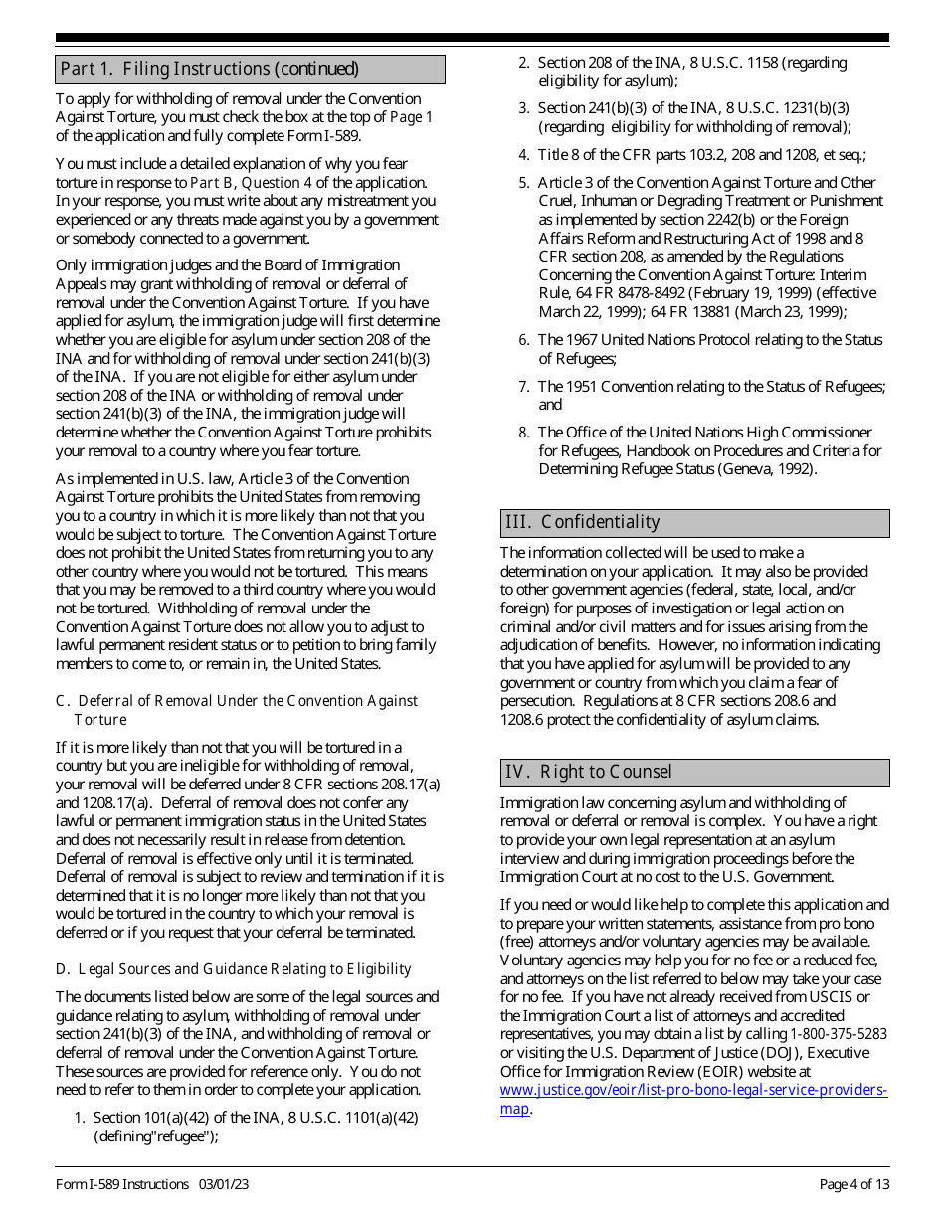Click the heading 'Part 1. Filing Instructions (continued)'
point(209,69)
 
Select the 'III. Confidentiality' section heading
point(582,522)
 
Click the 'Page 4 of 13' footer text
point(854,1184)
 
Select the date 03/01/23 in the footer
point(223,1184)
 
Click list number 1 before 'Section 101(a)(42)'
point(80,1118)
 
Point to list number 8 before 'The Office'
point(523,433)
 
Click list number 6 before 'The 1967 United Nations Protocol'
point(523,340)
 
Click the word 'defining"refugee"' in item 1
point(156,1136)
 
